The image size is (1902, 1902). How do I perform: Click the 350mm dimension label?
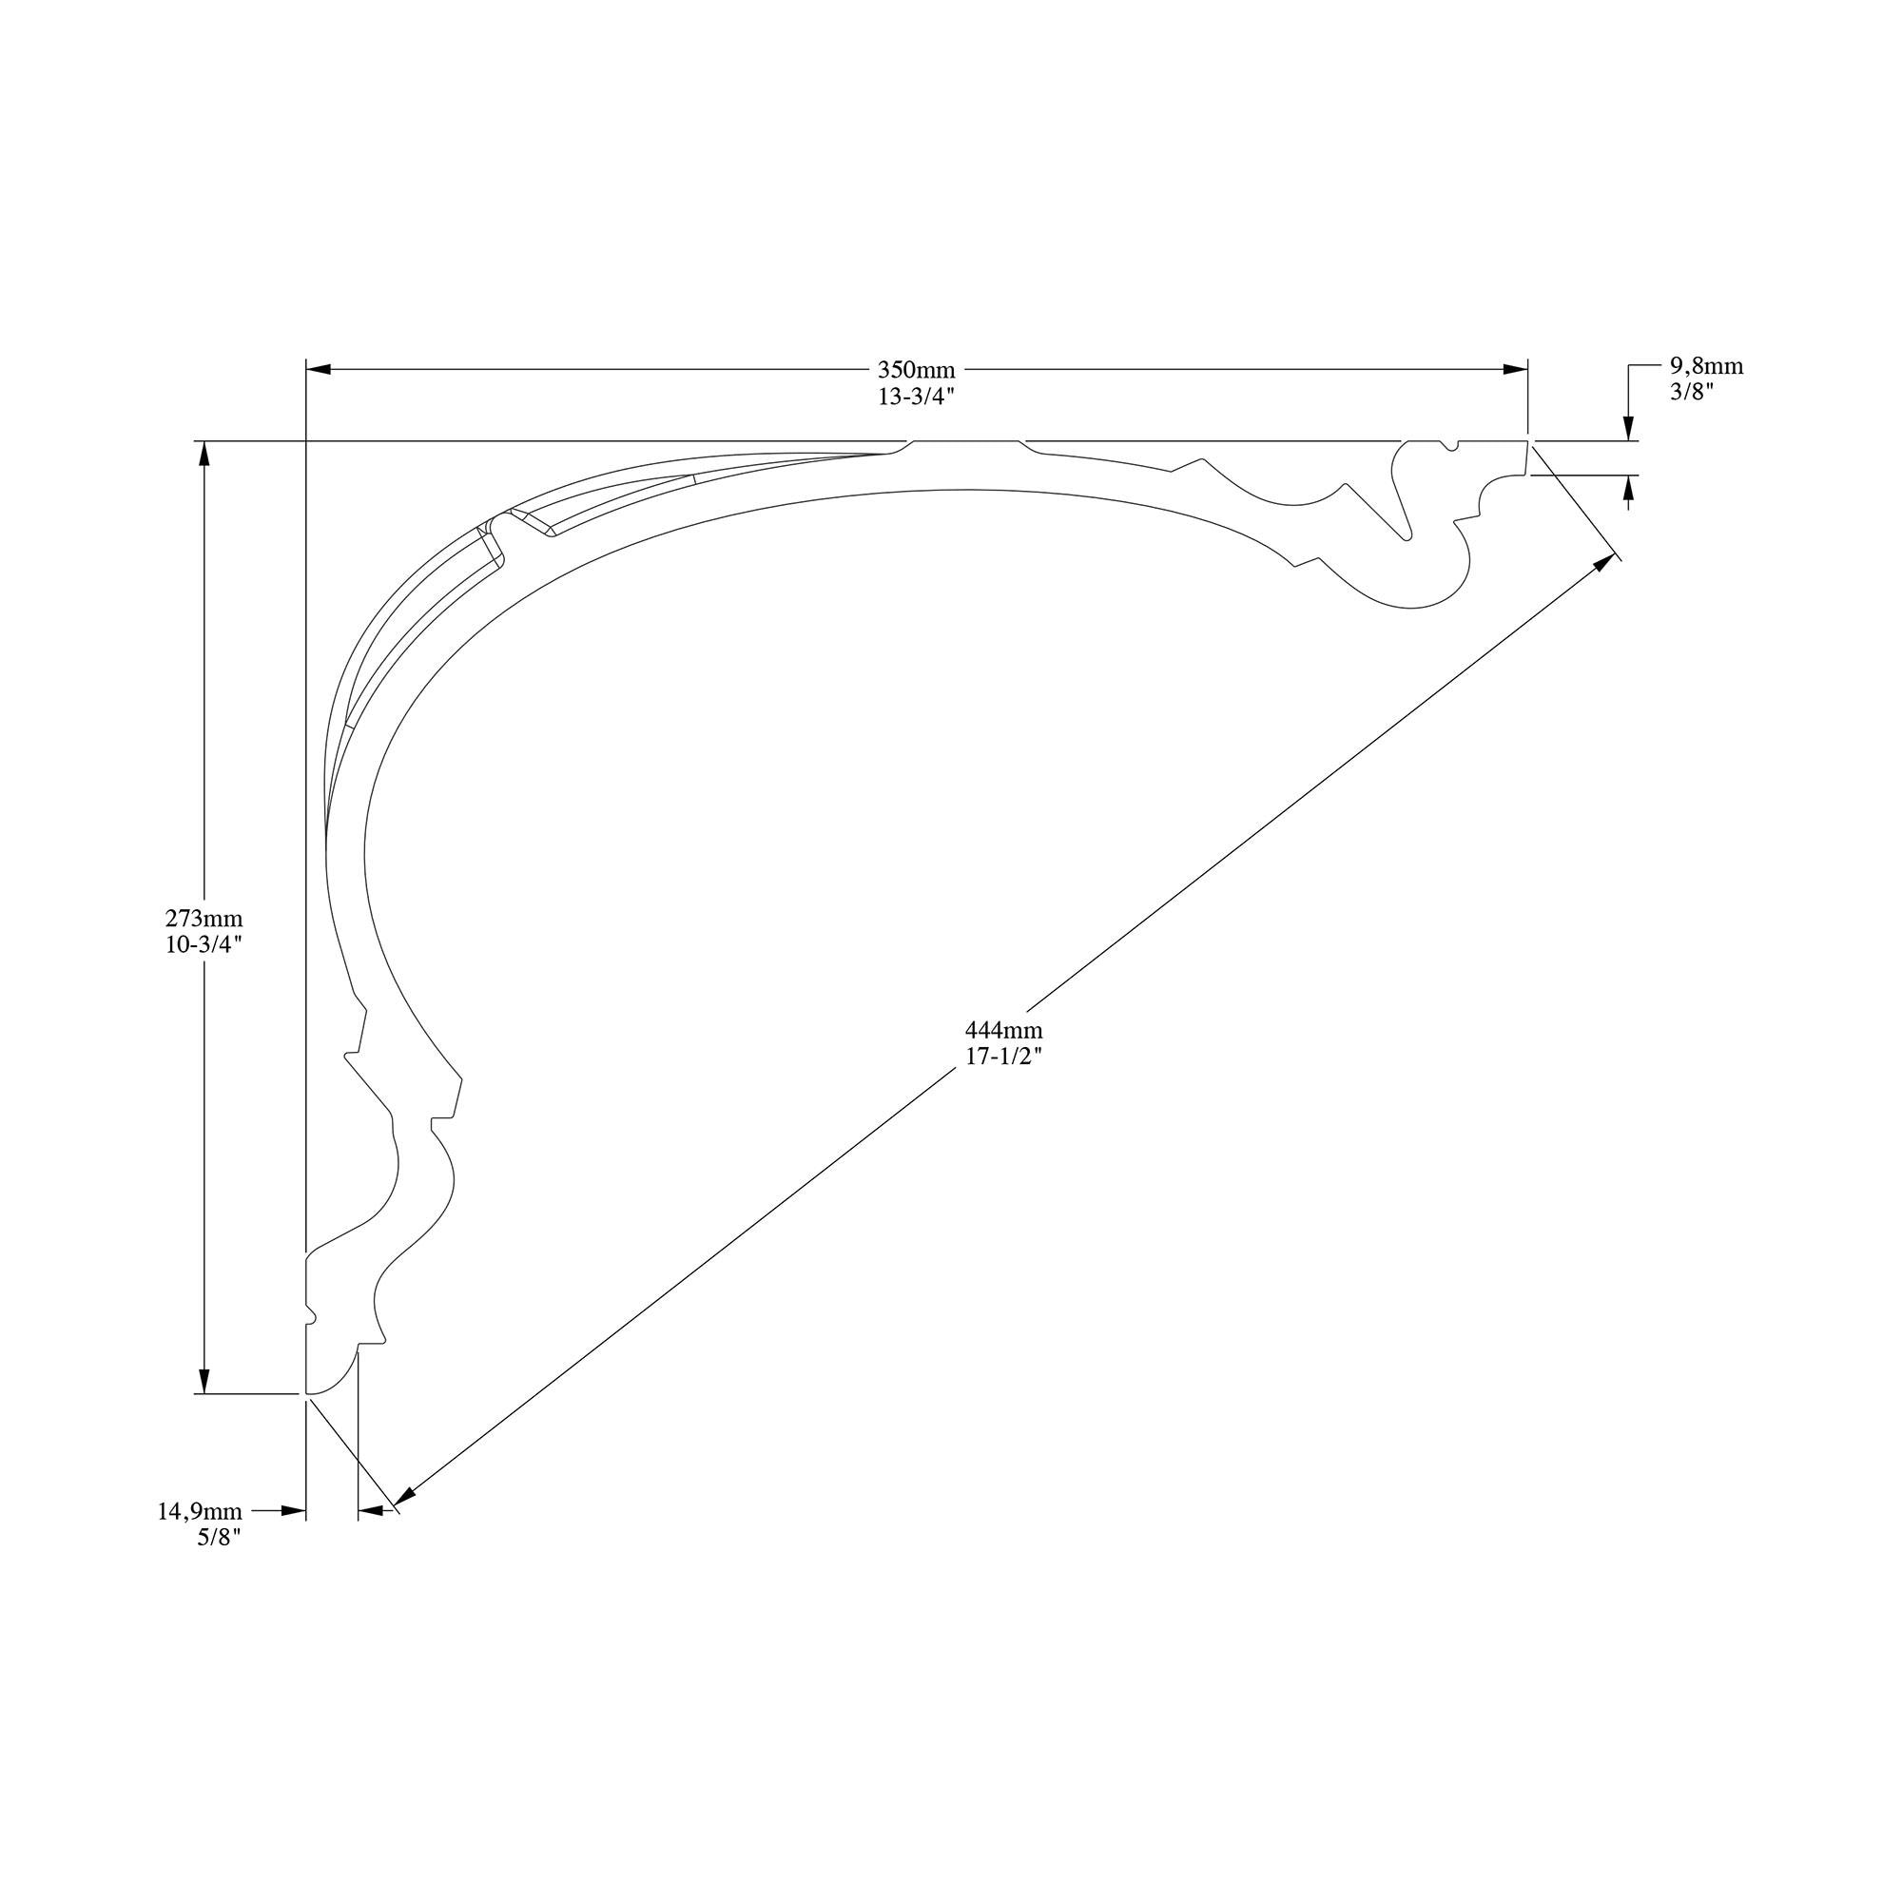[x=916, y=371]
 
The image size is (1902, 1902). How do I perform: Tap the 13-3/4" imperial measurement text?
[x=917, y=397]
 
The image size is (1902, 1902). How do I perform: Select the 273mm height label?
[x=204, y=919]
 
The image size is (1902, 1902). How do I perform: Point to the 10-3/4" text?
[x=204, y=944]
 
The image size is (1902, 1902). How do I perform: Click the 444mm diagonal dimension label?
[x=1003, y=1031]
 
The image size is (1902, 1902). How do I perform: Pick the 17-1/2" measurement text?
[x=1003, y=1057]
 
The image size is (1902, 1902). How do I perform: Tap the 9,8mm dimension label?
[x=1706, y=366]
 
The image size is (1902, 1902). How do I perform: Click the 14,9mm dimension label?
[x=200, y=1511]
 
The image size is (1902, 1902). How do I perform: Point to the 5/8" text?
[x=220, y=1537]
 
